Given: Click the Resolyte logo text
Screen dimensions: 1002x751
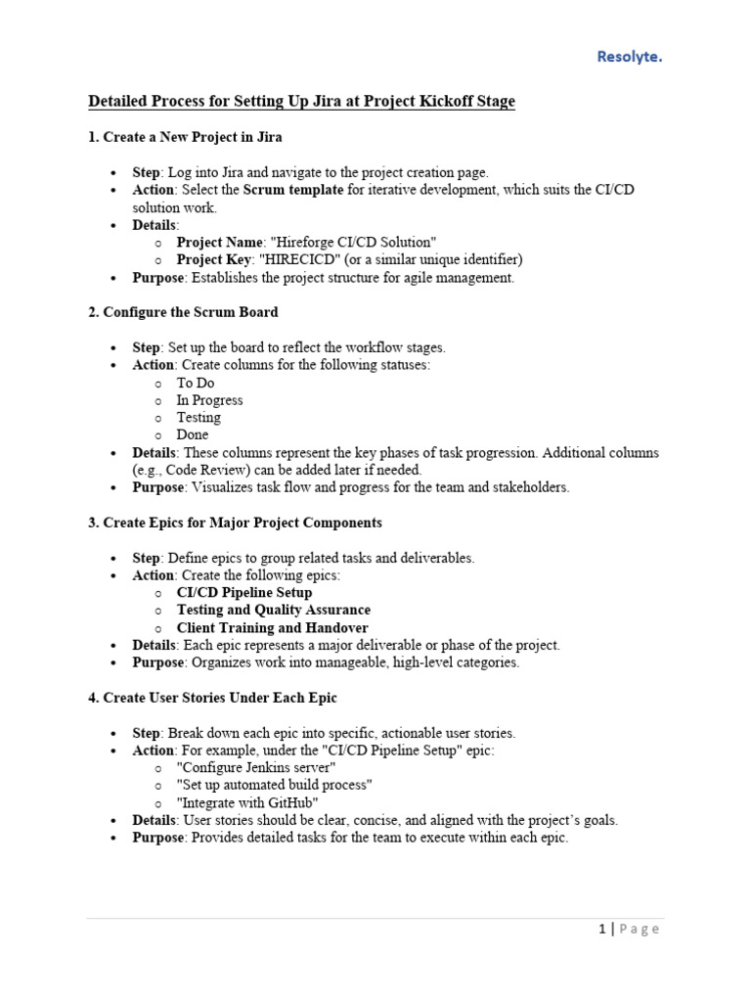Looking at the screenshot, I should click(x=629, y=57).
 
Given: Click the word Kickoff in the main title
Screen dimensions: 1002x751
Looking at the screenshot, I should click(x=427, y=101).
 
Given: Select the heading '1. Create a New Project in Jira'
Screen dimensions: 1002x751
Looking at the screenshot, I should click(x=185, y=137).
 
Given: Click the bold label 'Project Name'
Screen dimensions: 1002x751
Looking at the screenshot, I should click(x=220, y=242).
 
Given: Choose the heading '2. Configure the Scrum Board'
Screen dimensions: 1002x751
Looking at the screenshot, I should click(x=183, y=312).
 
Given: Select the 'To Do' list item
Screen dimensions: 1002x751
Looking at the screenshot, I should click(x=195, y=383).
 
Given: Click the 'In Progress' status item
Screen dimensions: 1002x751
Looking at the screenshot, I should click(x=209, y=400).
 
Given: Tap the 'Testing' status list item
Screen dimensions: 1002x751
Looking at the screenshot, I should click(x=199, y=417).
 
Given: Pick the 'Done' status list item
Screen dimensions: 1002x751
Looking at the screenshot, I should click(x=193, y=434).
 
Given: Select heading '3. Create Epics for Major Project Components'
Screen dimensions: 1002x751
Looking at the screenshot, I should click(x=235, y=523).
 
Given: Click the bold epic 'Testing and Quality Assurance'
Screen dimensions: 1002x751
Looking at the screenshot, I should click(x=273, y=610).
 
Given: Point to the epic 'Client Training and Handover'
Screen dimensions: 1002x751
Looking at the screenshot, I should click(x=272, y=627).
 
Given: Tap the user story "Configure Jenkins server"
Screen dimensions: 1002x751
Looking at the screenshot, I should click(x=256, y=768).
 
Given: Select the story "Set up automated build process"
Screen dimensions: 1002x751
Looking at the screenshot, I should click(x=274, y=786).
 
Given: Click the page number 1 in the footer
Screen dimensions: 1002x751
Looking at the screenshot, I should click(x=602, y=929).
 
